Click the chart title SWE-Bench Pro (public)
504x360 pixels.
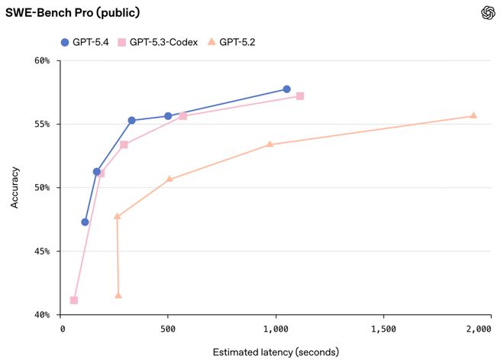(63, 13)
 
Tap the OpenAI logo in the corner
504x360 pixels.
(488, 13)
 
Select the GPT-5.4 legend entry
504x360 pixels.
(84, 42)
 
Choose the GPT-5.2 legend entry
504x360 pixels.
(233, 42)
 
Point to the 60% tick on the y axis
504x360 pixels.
(40, 60)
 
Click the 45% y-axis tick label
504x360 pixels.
(40, 251)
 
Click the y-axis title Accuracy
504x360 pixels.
(15, 187)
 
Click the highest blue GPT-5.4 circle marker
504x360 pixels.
(287, 89)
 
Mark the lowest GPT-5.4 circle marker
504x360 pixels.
(85, 222)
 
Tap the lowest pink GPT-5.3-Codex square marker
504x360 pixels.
(73, 300)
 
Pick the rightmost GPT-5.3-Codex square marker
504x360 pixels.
(300, 96)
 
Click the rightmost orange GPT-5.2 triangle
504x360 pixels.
(473, 115)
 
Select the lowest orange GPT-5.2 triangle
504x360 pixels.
(118, 295)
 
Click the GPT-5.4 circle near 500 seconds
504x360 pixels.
(168, 116)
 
